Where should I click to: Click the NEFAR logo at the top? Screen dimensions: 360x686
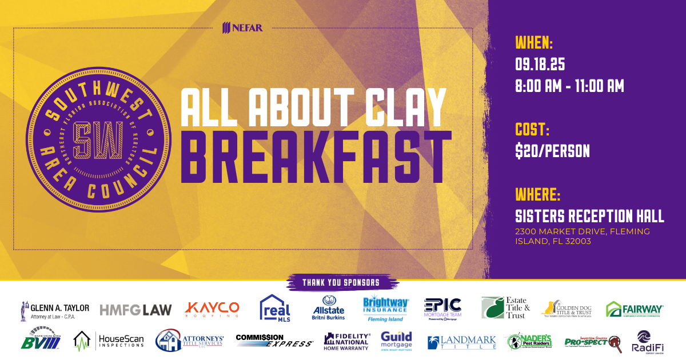(x=243, y=27)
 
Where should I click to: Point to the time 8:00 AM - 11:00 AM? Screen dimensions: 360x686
(x=569, y=86)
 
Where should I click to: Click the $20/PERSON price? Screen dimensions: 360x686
(x=553, y=151)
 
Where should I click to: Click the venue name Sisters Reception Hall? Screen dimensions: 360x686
(x=590, y=216)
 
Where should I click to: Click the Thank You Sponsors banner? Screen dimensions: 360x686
(x=341, y=282)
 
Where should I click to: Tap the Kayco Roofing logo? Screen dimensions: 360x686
(x=212, y=309)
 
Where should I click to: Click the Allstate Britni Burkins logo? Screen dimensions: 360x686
(x=328, y=309)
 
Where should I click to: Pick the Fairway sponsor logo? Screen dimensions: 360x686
(x=635, y=309)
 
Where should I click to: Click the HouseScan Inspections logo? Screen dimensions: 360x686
(x=109, y=341)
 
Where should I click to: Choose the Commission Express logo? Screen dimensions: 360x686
(x=274, y=341)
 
